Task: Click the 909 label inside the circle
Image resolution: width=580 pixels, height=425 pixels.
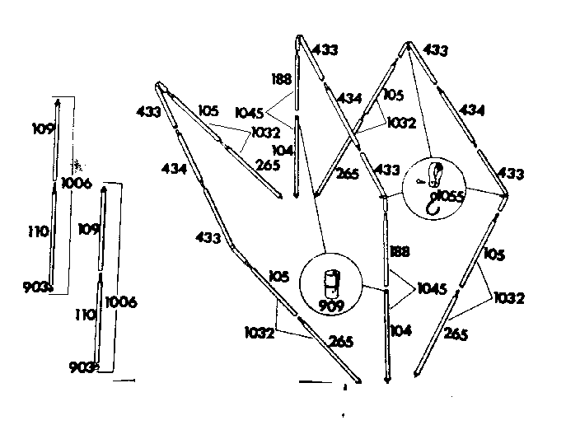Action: pos(331,306)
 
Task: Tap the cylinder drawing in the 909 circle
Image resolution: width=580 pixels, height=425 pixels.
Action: pos(332,284)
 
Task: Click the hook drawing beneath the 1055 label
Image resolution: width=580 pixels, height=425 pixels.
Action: pos(433,207)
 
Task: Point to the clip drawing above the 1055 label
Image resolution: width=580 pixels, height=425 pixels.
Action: pos(434,175)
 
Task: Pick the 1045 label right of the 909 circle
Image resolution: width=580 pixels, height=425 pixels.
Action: pos(432,288)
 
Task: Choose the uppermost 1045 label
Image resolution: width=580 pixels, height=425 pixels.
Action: pos(250,113)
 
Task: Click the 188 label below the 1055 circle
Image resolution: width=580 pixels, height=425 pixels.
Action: pos(400,251)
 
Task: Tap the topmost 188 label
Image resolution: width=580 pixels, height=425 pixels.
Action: pos(282,79)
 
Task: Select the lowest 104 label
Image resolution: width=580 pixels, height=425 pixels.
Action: pos(401,330)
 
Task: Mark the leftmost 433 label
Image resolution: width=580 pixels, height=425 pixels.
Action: pos(148,111)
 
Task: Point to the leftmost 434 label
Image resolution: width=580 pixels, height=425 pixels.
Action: pos(174,169)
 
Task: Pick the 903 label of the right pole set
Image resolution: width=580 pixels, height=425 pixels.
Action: pos(81,367)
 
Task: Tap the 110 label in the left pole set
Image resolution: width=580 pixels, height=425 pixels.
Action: pos(39,231)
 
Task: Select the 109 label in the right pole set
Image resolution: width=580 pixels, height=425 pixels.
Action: pos(89,229)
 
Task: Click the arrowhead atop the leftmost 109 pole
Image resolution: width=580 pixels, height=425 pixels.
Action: pos(58,101)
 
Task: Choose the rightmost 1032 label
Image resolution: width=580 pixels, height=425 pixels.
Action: pos(509,298)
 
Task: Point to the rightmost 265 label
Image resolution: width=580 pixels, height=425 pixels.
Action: pos(456,334)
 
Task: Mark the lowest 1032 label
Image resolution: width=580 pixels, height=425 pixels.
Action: pos(260,333)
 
